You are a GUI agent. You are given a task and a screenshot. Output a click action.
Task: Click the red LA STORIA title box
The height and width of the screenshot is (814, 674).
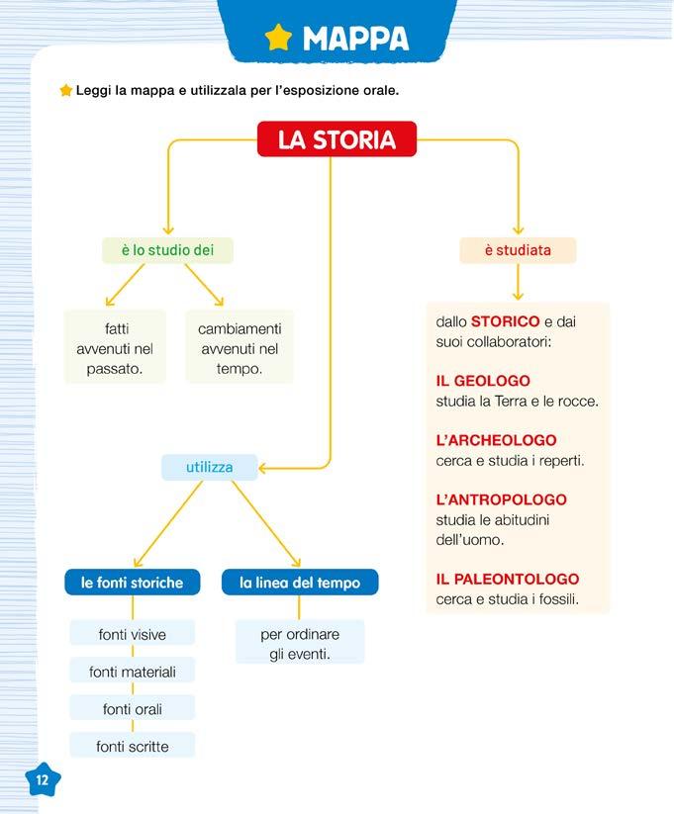(337, 139)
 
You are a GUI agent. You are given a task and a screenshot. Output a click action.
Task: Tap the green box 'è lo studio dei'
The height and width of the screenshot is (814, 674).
(167, 250)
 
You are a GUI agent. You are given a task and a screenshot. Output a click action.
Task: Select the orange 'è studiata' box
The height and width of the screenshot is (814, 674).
(518, 250)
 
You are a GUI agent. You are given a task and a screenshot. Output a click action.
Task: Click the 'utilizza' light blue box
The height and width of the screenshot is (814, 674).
(209, 467)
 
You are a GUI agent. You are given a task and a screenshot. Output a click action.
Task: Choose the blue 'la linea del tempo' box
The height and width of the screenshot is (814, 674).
(300, 583)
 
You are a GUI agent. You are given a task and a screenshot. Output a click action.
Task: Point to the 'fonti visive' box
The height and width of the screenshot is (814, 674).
(133, 634)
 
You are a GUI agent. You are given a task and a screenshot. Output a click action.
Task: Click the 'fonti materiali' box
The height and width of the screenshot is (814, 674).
(133, 672)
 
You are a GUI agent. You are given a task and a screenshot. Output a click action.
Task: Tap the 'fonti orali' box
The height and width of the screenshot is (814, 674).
(133, 709)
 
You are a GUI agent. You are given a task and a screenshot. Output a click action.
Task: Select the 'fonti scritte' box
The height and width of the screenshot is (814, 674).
(133, 747)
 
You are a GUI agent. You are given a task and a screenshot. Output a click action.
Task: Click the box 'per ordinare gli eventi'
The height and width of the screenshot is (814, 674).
(300, 644)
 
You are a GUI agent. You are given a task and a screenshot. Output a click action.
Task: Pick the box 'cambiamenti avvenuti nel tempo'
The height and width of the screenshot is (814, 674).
(240, 348)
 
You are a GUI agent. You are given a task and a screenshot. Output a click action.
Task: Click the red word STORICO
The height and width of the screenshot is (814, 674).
(505, 321)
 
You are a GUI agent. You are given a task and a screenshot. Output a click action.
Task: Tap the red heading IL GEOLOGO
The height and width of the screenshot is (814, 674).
(483, 381)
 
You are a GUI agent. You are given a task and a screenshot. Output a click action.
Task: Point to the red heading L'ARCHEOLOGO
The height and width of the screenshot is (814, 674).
(496, 440)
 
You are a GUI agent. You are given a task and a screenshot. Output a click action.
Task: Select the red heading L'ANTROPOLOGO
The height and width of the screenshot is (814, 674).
(501, 499)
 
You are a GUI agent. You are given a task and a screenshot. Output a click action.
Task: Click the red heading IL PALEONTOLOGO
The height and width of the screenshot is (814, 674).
(507, 579)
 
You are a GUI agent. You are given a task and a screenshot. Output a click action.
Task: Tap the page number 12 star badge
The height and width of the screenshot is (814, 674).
(42, 779)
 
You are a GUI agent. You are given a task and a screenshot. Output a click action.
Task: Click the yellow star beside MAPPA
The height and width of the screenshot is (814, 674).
(279, 38)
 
